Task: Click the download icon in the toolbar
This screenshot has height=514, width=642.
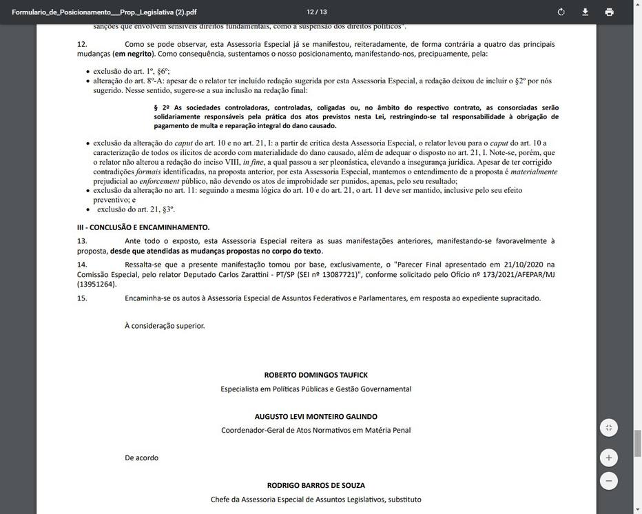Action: coord(585,12)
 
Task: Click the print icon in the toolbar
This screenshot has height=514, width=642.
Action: coord(609,12)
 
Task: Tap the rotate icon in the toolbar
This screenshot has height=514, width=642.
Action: coord(561,12)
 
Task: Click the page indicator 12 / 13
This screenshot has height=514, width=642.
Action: coord(317,12)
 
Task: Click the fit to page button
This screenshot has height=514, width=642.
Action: coord(608,428)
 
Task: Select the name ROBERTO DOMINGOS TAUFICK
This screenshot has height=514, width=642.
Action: coord(315,375)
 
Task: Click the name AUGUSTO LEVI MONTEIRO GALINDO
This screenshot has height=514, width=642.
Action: coord(315,416)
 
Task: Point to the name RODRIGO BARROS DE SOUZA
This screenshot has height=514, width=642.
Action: coord(315,485)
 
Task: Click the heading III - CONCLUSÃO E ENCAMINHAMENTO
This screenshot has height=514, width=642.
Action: coord(143,227)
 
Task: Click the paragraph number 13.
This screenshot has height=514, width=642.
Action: coord(82,241)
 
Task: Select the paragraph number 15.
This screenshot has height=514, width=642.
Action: coord(82,298)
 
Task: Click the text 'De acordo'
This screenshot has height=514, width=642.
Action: coord(141,458)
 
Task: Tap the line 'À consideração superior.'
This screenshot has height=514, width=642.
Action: coord(165,325)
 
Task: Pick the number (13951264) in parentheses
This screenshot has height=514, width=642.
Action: coord(96,284)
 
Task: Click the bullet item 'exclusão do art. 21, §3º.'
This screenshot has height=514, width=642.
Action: coord(136,209)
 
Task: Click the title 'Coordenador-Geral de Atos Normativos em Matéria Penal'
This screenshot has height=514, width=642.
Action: coord(315,430)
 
